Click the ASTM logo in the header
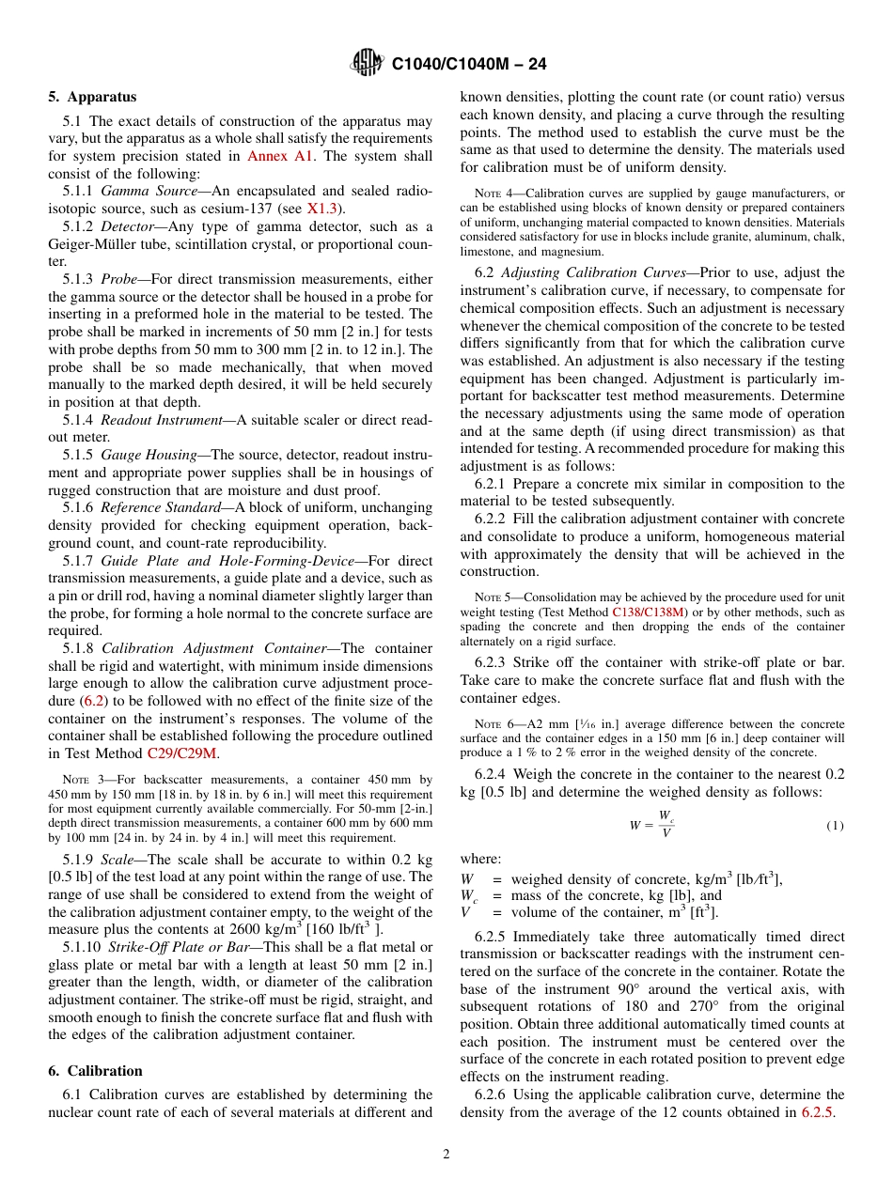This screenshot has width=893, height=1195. point(366,62)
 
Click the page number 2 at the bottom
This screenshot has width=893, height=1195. point(446,1155)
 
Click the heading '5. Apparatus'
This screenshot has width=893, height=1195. point(92,97)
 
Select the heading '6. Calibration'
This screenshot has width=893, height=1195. point(95,1071)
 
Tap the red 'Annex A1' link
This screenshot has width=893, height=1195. point(281,156)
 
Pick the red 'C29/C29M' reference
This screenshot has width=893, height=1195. point(182,753)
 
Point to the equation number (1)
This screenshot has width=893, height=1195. point(835,826)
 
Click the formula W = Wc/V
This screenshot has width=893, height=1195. point(651,825)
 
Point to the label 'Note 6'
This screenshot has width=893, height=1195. point(491,724)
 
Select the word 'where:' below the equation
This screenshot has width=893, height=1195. point(480,859)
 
